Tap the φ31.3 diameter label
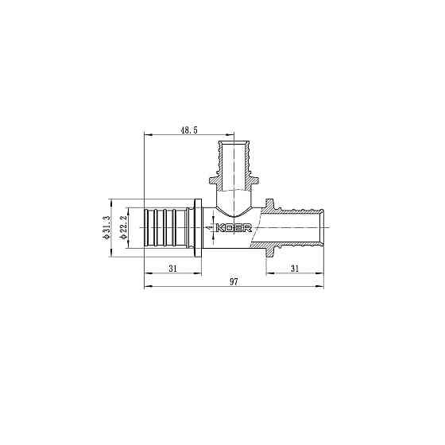click(x=105, y=229)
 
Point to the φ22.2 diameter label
click(x=123, y=229)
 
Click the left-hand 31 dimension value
click(x=172, y=269)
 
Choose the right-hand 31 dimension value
click(x=295, y=269)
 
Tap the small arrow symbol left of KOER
click(x=208, y=229)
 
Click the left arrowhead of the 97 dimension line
click(x=146, y=288)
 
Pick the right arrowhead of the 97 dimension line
click(x=324, y=288)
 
